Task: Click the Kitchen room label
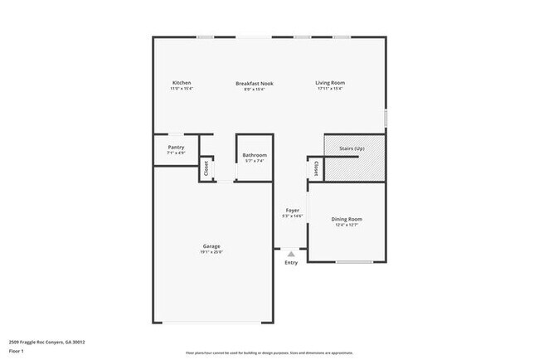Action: pyautogui.click(x=182, y=83)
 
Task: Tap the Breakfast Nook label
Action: pyautogui.click(x=255, y=83)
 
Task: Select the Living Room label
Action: pyautogui.click(x=330, y=83)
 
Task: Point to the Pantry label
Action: pyautogui.click(x=176, y=147)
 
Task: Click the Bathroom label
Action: pyautogui.click(x=255, y=155)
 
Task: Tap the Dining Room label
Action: pyautogui.click(x=348, y=219)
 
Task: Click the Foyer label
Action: pyautogui.click(x=293, y=211)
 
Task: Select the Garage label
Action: pyautogui.click(x=211, y=246)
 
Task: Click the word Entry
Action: pyautogui.click(x=291, y=263)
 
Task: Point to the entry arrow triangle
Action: pyautogui.click(x=291, y=254)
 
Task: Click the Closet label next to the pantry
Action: pyautogui.click(x=205, y=169)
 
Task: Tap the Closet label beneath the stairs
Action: pyautogui.click(x=316, y=168)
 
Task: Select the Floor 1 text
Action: pyautogui.click(x=17, y=350)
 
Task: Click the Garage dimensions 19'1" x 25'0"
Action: pyautogui.click(x=211, y=252)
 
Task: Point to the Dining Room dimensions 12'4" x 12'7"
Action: pyautogui.click(x=348, y=225)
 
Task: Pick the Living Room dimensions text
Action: pyautogui.click(x=330, y=89)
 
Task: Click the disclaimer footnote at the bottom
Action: pyautogui.click(x=269, y=352)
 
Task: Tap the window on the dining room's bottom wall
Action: pyautogui.click(x=354, y=262)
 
